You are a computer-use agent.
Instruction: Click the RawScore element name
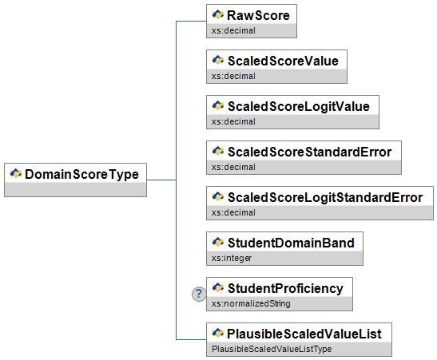tap(258, 15)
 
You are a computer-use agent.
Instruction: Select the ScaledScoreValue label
tap(283, 61)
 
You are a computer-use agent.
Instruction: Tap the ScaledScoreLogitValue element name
tap(299, 107)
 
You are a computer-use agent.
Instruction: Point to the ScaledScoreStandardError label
tap(310, 152)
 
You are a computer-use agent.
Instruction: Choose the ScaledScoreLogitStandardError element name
tap(325, 198)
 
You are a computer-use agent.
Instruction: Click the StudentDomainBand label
tap(291, 243)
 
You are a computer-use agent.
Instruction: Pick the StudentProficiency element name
tap(285, 289)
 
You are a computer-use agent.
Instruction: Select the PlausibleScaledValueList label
tap(304, 334)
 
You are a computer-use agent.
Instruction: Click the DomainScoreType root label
tap(82, 175)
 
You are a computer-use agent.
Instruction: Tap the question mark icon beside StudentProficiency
tap(199, 294)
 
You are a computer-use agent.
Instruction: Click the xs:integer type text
tap(232, 258)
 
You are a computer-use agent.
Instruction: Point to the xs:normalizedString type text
tap(251, 303)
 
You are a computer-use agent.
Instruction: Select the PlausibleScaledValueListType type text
tap(272, 349)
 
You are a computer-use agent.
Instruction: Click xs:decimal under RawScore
tap(233, 30)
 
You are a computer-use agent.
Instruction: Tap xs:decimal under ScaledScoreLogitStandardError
tap(233, 212)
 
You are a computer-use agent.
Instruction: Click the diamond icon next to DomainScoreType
tap(16, 173)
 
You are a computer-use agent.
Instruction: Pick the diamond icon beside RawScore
tap(217, 14)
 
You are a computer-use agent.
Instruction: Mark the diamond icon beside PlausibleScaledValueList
tap(217, 333)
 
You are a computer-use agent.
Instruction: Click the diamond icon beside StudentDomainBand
tap(217, 242)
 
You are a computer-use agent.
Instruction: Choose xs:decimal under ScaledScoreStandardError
tap(233, 167)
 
